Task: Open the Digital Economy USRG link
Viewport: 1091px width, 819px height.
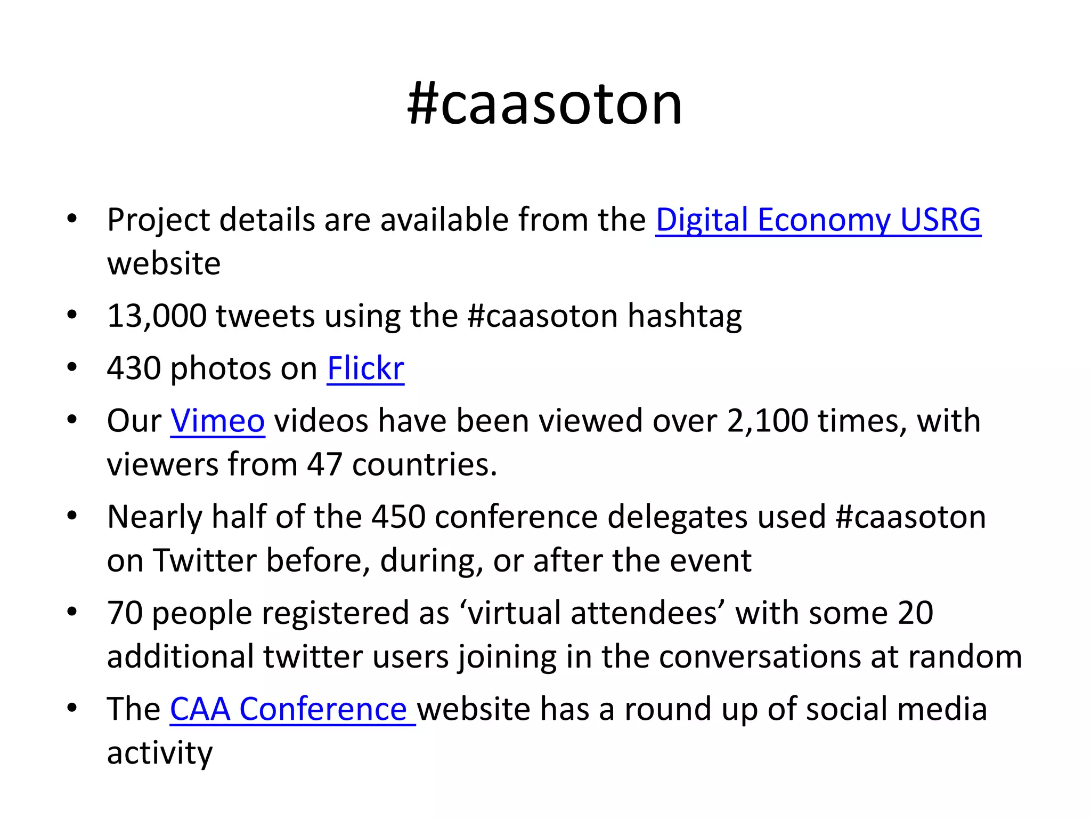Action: coord(818,220)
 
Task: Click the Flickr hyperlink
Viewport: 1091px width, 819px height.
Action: coord(365,368)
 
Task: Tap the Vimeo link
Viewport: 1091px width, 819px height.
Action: coord(217,421)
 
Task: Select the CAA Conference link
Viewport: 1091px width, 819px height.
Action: coord(292,709)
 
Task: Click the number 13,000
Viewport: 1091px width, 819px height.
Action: coord(157,316)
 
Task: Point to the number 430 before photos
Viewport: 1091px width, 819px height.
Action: coord(134,368)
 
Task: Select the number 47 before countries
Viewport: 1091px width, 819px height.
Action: coord(324,464)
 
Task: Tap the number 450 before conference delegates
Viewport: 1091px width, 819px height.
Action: coord(398,517)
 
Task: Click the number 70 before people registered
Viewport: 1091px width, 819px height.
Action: coord(125,613)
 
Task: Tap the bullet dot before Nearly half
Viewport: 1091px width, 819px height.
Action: coord(72,516)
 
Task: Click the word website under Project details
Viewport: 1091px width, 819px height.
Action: coord(164,263)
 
